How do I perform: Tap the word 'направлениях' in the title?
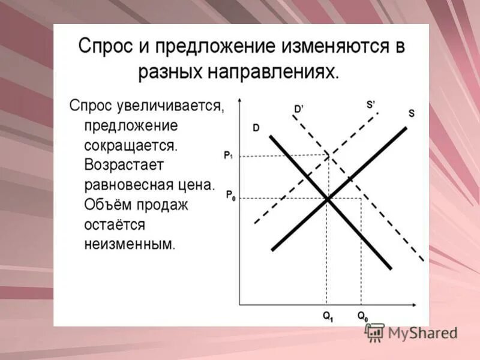pos(272,73)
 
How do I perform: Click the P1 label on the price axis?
pos(229,155)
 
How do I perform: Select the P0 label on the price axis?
pos(230,195)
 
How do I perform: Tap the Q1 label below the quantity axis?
pos(328,316)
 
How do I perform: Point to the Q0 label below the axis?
pos(363,316)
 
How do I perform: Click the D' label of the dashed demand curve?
pos(298,109)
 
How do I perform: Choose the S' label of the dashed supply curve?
pos(370,104)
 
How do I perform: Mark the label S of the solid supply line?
pos(411,113)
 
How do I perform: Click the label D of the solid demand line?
pos(256,128)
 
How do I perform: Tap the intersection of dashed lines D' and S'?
pos(329,155)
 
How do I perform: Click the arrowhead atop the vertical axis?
pos(239,100)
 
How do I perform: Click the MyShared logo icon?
pos(375,332)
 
